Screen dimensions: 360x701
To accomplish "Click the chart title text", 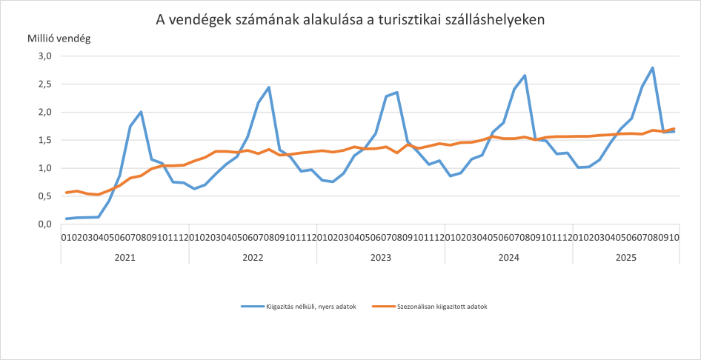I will coord(350,20).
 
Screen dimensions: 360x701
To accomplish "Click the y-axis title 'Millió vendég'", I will coord(59,39).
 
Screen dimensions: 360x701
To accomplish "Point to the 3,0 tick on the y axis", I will coord(44,56).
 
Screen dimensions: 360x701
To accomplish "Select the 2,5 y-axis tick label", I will coord(44,84).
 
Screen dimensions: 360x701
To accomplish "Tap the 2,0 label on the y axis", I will coord(44,113).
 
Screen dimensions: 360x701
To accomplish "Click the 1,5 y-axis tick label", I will coord(44,140).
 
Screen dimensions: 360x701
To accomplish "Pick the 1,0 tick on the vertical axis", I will coord(44,168).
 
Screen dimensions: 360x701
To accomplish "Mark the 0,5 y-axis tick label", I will coord(44,196).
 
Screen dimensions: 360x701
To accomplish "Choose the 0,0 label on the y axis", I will coord(44,224).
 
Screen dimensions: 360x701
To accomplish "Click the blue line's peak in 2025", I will coord(653,67).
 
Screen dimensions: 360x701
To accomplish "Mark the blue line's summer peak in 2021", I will coord(141,112).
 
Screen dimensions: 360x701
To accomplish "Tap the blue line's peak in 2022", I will coord(269,87).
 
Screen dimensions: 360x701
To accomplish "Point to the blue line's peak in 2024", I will coord(525,76).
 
